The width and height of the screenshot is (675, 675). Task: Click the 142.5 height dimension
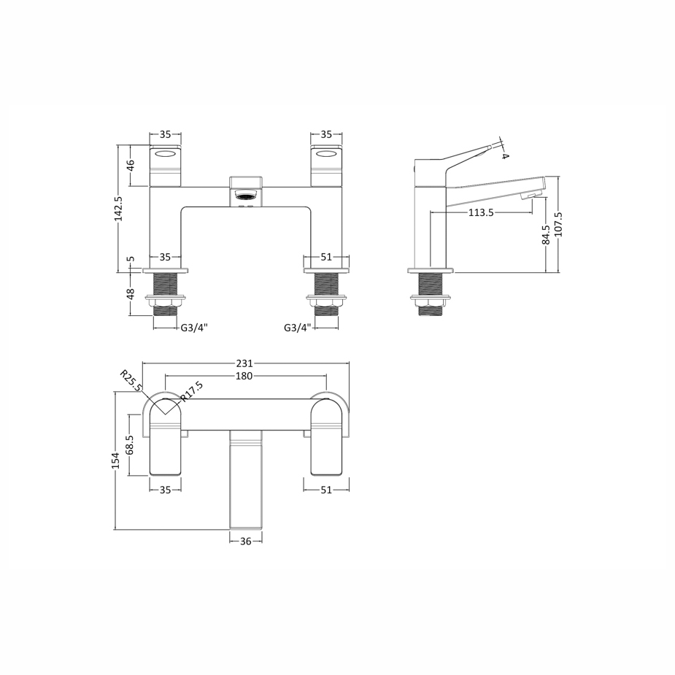click(x=118, y=209)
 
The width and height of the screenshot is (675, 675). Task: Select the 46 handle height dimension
click(x=131, y=166)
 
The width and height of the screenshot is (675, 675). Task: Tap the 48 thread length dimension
click(x=131, y=293)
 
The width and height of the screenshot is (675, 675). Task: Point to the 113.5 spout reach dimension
click(x=481, y=212)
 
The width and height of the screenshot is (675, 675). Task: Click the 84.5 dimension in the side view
click(x=547, y=236)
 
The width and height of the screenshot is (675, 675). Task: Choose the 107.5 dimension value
click(x=559, y=224)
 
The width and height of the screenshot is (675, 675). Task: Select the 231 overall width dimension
click(x=244, y=363)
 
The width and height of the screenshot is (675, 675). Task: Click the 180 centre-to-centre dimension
click(x=244, y=376)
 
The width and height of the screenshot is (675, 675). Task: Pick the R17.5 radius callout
click(x=192, y=392)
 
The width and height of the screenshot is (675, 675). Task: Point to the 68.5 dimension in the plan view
click(x=130, y=445)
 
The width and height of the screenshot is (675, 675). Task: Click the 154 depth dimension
click(x=115, y=460)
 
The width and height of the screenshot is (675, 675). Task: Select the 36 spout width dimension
click(x=246, y=541)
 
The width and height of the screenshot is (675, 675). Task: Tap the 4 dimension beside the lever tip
click(x=505, y=155)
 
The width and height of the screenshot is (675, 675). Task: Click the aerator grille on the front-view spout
click(x=246, y=196)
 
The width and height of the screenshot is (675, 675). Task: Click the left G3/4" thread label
click(x=194, y=328)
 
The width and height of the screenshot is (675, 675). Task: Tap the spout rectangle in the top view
click(x=246, y=482)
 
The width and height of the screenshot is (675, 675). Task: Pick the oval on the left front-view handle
click(x=166, y=154)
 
